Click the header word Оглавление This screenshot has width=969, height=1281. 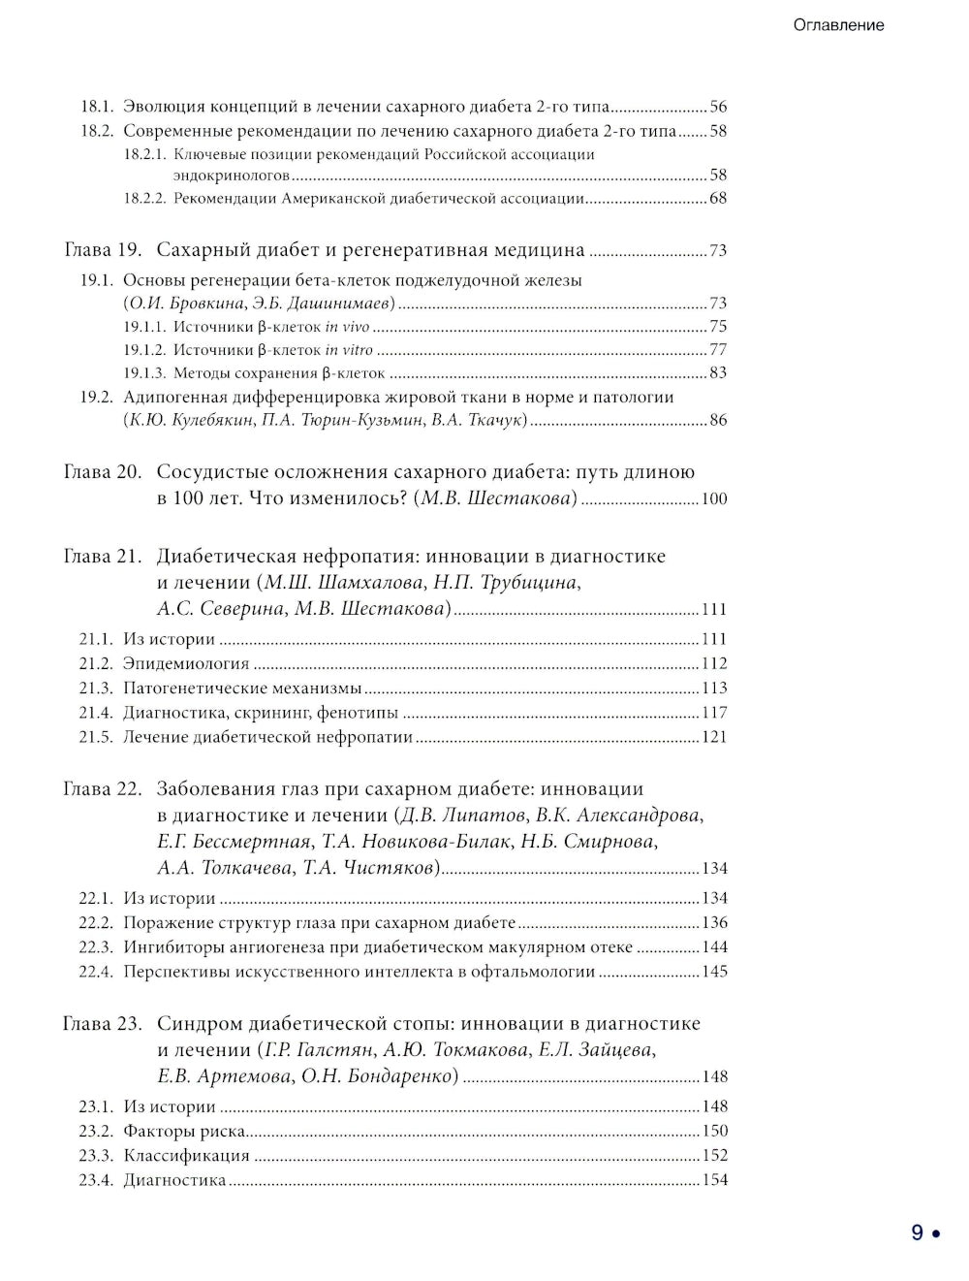pyautogui.click(x=838, y=25)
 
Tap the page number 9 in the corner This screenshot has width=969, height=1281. pyautogui.click(x=917, y=1233)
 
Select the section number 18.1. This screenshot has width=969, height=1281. pyautogui.click(x=97, y=107)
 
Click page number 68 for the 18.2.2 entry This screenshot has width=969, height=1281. pyautogui.click(x=718, y=199)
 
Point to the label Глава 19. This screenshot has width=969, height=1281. pyautogui.click(x=103, y=250)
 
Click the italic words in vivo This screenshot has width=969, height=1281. pyautogui.click(x=347, y=327)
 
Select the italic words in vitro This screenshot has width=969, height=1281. pyautogui.click(x=349, y=350)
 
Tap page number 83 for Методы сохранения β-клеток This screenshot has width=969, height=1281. pyautogui.click(x=718, y=373)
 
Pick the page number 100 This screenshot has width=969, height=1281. pyautogui.click(x=714, y=499)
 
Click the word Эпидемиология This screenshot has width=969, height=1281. pyautogui.click(x=186, y=664)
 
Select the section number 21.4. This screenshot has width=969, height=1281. pyautogui.click(x=96, y=713)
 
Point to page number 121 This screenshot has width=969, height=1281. pyautogui.click(x=714, y=737)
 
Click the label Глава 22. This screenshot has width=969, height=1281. pyautogui.click(x=103, y=789)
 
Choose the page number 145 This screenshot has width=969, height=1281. pyautogui.click(x=714, y=972)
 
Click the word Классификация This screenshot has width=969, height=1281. pyautogui.click(x=186, y=1156)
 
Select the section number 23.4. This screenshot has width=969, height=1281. pyautogui.click(x=96, y=1180)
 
